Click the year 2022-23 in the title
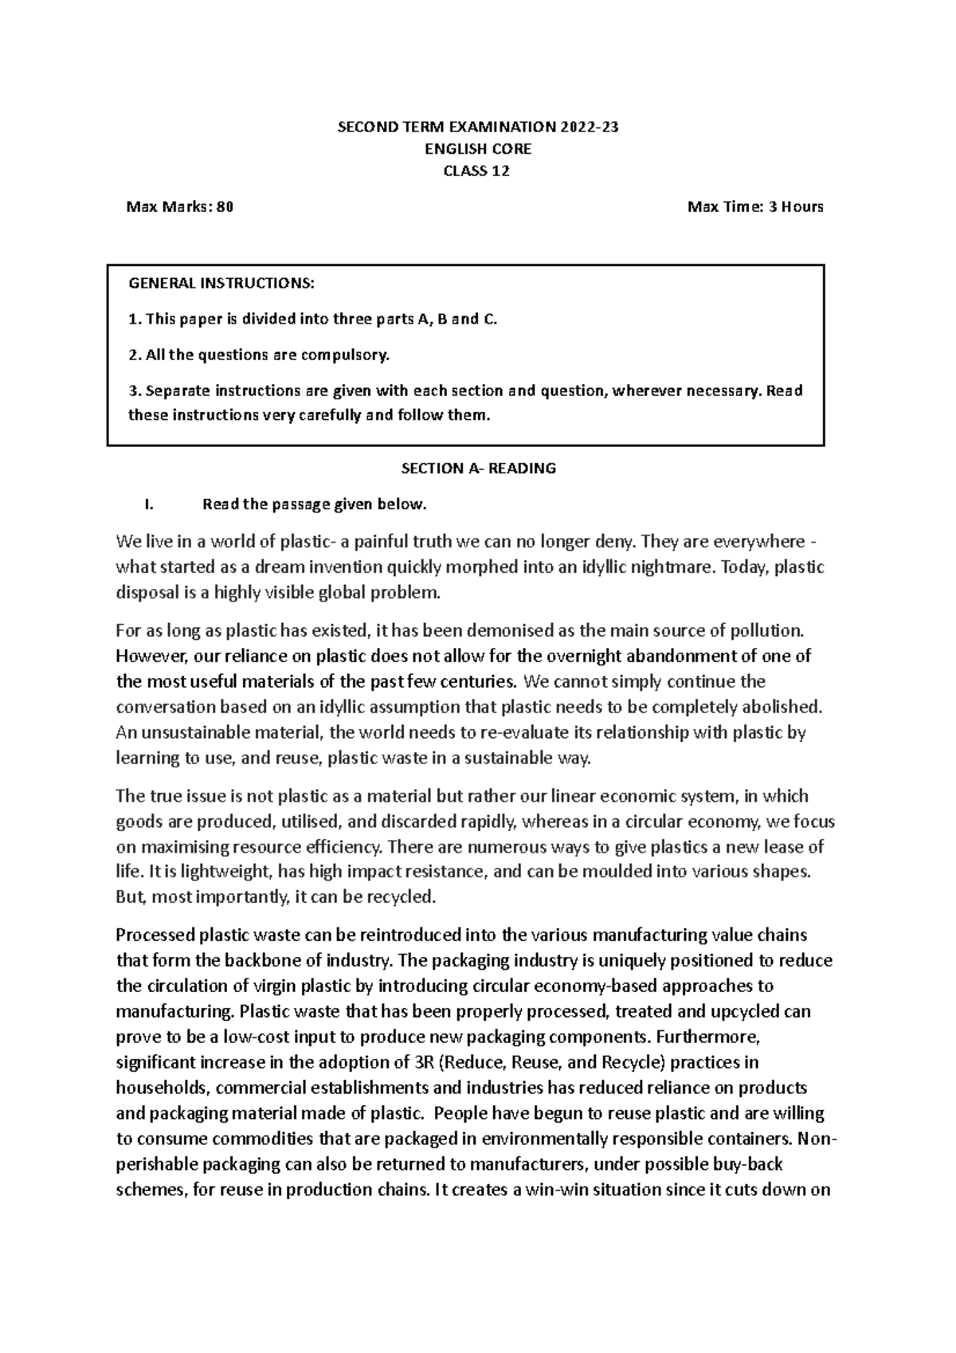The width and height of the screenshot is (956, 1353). pos(588,127)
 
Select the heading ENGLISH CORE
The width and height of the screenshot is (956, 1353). pos(477,149)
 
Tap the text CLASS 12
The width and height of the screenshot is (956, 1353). pos(477,171)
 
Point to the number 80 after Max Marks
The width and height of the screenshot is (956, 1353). pos(225,207)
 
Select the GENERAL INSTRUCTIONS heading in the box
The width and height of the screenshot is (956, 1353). pos(221,283)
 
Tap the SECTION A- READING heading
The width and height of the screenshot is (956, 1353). pos(478,469)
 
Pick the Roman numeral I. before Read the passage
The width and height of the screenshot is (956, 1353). pos(147,504)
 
